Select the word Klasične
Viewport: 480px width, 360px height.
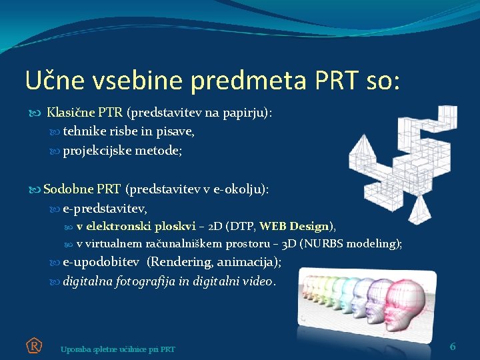coord(71,113)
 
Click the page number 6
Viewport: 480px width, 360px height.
coord(453,346)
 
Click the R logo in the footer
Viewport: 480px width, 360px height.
coord(34,345)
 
